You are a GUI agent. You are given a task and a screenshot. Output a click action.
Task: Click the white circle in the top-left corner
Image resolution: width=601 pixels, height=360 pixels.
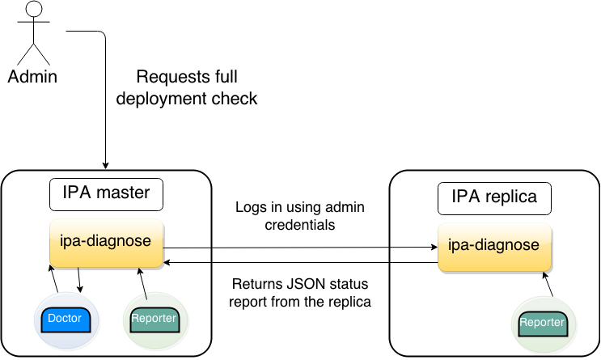point(34,10)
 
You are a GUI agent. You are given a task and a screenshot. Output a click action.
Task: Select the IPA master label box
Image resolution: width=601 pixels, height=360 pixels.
point(106,194)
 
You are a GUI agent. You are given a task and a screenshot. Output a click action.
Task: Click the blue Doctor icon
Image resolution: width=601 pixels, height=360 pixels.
point(66,320)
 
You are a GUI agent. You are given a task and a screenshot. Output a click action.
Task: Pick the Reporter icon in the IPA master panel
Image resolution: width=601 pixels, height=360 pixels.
point(154,320)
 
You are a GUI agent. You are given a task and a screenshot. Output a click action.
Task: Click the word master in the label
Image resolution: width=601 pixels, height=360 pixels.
point(125,194)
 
